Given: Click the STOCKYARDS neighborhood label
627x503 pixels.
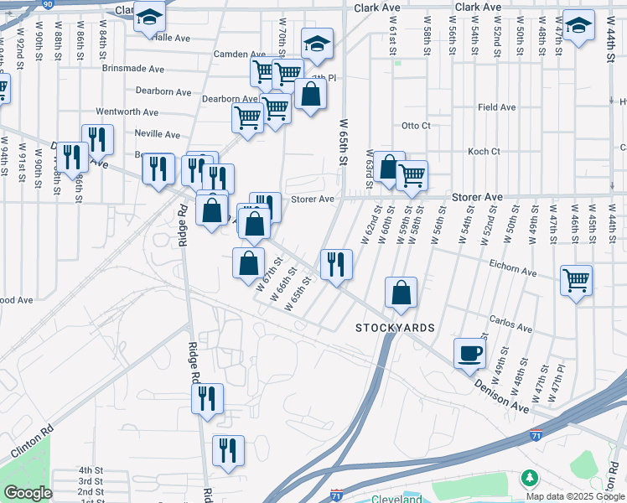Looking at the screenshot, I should (395, 327).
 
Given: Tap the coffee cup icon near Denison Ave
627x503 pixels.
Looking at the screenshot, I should (469, 352).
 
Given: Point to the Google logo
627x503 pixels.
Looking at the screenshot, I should (28, 493).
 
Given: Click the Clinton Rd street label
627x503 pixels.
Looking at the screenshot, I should (32, 439).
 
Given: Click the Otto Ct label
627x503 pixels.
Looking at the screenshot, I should (415, 126).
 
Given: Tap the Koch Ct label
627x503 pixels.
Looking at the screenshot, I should (484, 152).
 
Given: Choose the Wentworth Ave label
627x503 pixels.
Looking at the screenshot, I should (127, 111).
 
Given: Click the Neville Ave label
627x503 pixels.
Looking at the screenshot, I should (157, 134).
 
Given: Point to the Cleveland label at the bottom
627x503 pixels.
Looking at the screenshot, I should (397, 500).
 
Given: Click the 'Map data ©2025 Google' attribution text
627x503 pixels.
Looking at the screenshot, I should (574, 496).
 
